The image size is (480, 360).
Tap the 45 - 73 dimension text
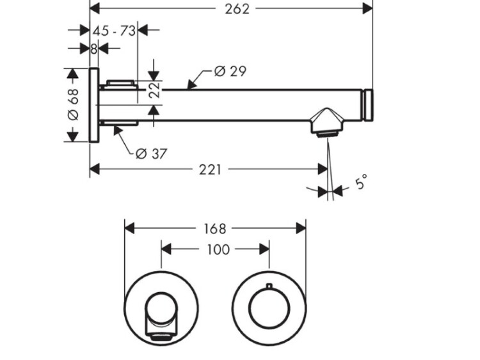click(x=115, y=31)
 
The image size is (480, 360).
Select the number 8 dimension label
click(x=93, y=49)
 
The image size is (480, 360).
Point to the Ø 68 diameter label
click(x=72, y=105)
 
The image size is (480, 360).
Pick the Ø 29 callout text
click(x=230, y=72)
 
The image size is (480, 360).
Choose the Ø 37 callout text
click(x=152, y=153)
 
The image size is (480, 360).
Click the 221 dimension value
click(x=211, y=169)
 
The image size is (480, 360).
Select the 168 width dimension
click(x=215, y=228)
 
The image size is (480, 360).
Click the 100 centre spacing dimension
click(x=218, y=249)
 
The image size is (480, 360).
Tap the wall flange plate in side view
click(x=93, y=105)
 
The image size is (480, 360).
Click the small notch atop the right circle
click(x=269, y=285)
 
